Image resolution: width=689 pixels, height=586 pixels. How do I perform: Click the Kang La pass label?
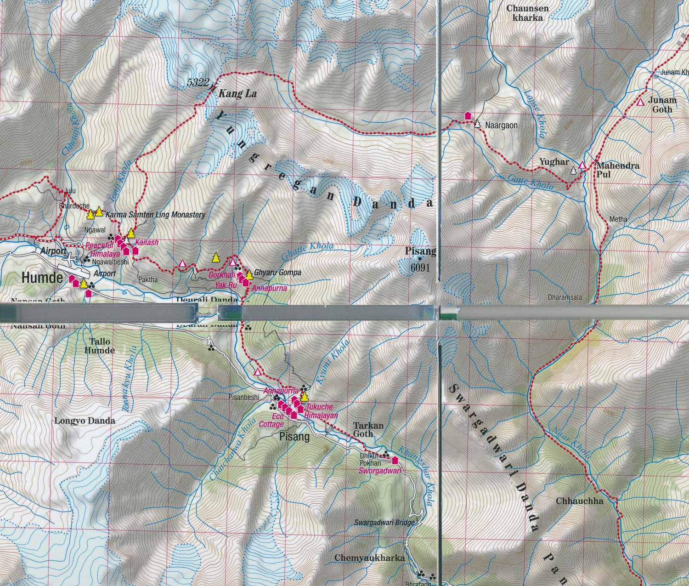pyautogui.click(x=237, y=94)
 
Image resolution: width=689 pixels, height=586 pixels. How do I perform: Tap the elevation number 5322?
pyautogui.click(x=198, y=83)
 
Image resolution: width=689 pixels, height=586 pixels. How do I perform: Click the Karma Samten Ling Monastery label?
pyautogui.click(x=155, y=215)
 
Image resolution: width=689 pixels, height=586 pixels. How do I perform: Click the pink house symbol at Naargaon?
pyautogui.click(x=468, y=116)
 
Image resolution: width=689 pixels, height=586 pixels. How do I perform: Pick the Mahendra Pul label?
pyautogui.click(x=617, y=170)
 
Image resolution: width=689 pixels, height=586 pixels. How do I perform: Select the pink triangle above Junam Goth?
pyautogui.click(x=640, y=102)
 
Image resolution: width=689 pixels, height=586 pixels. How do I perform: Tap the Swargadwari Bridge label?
pyautogui.click(x=384, y=522)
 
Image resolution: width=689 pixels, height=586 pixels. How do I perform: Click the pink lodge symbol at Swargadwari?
pyautogui.click(x=394, y=460)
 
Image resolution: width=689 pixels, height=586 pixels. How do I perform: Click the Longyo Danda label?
pyautogui.click(x=85, y=421)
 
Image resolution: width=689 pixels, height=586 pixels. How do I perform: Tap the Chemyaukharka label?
pyautogui.click(x=369, y=558)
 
